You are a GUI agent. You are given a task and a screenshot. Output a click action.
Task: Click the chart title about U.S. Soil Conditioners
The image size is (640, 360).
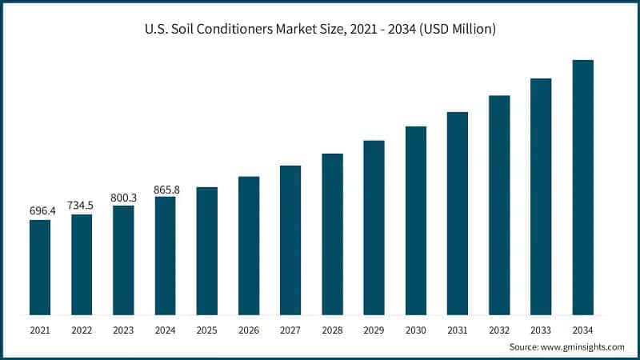[320, 30]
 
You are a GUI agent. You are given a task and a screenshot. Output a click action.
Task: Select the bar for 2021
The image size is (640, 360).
[40, 267]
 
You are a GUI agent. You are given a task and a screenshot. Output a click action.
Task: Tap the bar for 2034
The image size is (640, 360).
[582, 187]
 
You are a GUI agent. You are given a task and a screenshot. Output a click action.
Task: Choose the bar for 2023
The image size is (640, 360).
[123, 260]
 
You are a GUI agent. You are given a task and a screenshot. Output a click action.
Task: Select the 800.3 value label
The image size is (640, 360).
[123, 196]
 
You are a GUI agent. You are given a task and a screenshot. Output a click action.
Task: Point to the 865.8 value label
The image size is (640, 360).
[165, 189]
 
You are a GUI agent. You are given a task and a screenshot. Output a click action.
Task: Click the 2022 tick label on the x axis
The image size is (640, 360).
[82, 330]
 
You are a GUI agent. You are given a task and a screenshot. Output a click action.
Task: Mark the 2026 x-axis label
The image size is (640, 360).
[249, 330]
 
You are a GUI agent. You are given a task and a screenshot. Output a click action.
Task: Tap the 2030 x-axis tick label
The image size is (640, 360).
[416, 330]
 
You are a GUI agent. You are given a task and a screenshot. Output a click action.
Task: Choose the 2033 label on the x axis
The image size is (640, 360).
[541, 330]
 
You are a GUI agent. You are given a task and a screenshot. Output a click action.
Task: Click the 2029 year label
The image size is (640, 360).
[374, 330]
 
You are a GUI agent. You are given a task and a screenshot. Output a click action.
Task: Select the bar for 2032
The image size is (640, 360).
[499, 205]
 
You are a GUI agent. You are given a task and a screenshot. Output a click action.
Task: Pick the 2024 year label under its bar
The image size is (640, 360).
[165, 330]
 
